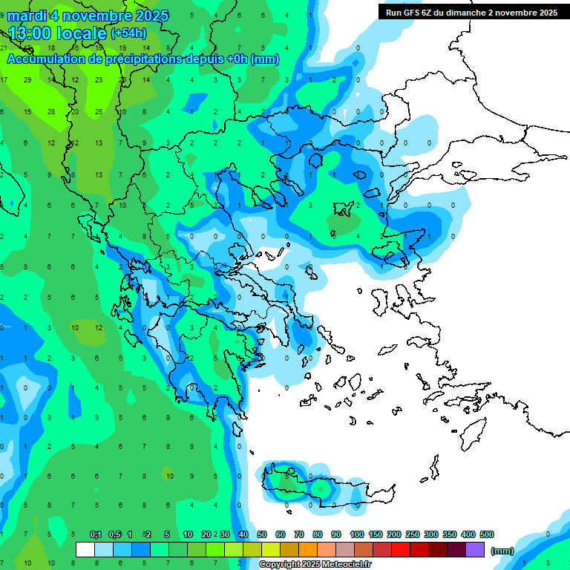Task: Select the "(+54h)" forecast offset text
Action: point(128,33)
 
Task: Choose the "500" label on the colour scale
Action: point(486,535)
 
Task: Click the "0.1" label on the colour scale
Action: point(96,535)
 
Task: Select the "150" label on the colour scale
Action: point(375,535)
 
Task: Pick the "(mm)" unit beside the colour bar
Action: point(502,551)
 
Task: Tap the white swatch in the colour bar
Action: point(85,550)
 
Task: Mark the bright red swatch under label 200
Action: point(402,550)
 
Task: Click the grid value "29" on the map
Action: point(27,79)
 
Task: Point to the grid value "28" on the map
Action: point(51,111)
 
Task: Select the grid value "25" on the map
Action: point(99,111)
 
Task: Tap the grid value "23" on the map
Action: point(99,79)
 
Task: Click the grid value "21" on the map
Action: point(4,47)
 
